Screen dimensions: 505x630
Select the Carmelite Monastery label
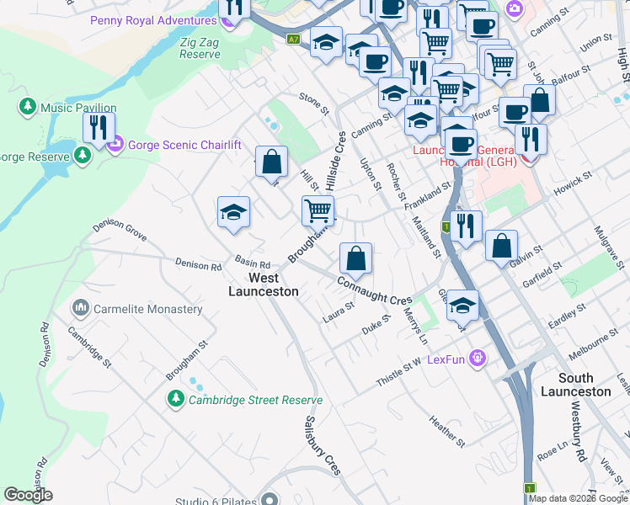148,309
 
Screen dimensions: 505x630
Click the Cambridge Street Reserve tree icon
175,398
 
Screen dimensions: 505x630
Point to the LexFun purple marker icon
478,359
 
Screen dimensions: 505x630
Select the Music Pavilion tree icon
28,107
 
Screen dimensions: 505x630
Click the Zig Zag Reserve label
200,47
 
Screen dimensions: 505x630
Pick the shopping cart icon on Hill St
318,210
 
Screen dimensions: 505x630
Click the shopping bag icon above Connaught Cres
356,258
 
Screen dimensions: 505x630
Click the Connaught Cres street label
375,291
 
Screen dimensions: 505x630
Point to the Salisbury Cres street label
321,445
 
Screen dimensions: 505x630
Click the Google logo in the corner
29,495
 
